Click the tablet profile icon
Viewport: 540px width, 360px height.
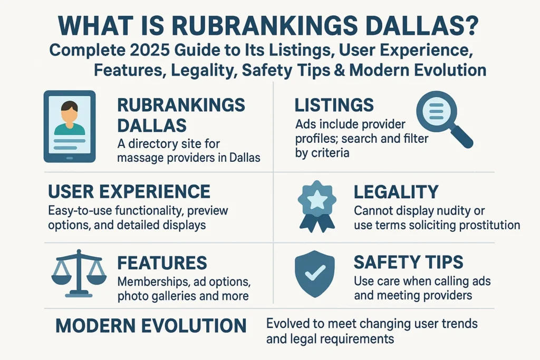[69, 127]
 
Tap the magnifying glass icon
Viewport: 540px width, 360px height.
[441, 116]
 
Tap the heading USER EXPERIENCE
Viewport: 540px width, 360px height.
[129, 191]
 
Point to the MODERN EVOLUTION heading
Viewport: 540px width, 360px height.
[151, 325]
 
